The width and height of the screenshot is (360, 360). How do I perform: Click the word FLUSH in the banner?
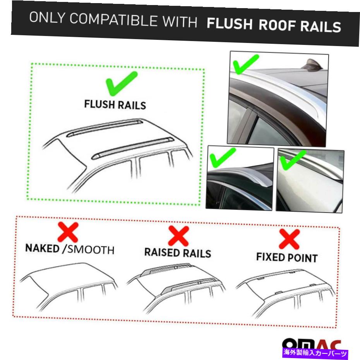tap(230, 23)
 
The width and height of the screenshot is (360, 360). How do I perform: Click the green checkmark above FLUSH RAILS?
tap(122, 83)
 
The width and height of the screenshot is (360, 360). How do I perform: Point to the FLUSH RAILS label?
tap(115, 105)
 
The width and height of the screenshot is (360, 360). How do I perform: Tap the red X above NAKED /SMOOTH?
tap(68, 232)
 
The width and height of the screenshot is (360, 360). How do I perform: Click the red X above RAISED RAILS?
tap(178, 236)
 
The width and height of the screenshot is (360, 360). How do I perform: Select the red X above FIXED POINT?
tap(289, 239)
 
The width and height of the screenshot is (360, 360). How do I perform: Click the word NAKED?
tap(42, 248)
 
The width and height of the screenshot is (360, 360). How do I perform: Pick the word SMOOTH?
tap(91, 250)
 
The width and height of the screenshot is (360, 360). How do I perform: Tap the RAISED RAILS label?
tap(178, 253)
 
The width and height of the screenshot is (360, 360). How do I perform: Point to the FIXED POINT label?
tap(287, 257)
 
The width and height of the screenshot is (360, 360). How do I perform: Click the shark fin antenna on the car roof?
tap(312, 65)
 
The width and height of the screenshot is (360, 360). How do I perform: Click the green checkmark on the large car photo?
tap(246, 65)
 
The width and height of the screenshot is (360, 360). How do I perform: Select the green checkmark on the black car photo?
tap(223, 157)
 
